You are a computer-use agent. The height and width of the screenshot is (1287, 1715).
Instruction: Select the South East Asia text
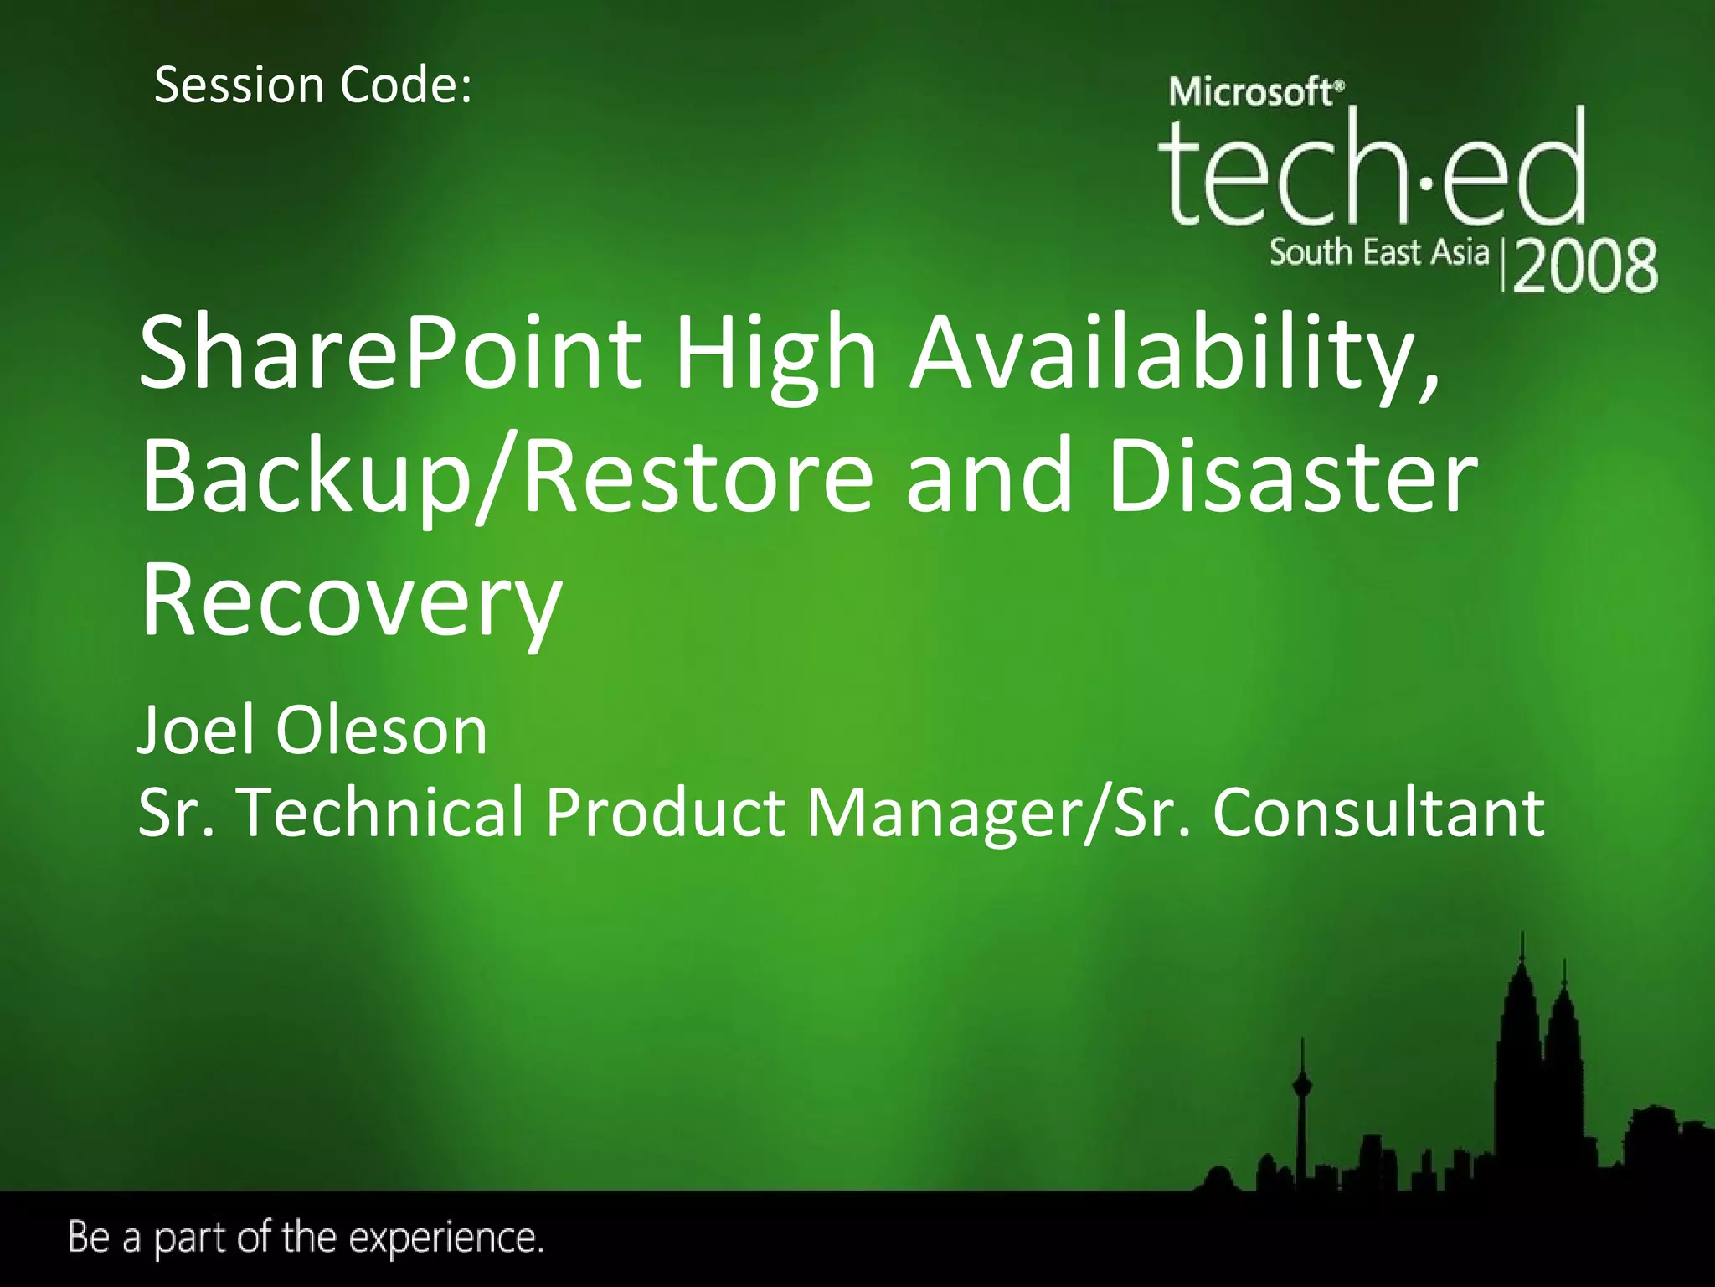[x=1379, y=252]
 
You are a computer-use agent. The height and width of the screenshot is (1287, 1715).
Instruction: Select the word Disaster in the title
[x=1292, y=478]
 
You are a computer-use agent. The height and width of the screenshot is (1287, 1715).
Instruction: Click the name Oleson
[x=382, y=731]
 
